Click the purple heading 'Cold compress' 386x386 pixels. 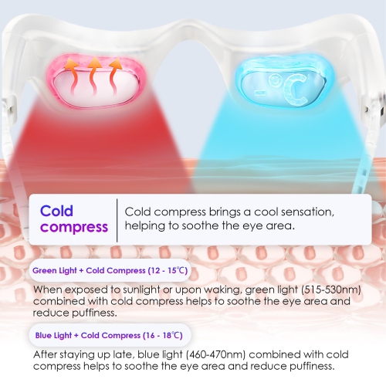tap(73, 218)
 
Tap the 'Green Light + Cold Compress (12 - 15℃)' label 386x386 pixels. tap(109, 271)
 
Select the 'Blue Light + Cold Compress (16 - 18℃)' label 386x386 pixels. tap(109, 336)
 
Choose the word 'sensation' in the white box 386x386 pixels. tap(317, 211)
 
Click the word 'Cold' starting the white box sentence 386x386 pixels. tap(140, 211)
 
